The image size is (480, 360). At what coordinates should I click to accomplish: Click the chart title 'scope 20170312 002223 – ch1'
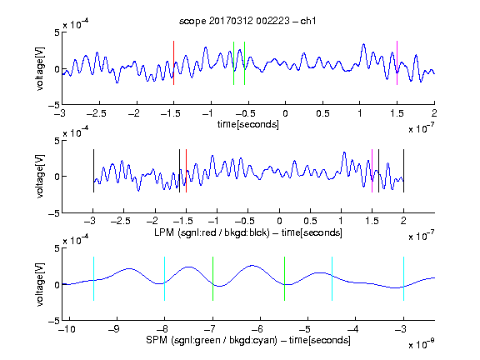click(x=247, y=21)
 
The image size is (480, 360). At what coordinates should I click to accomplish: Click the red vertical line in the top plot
click(x=173, y=62)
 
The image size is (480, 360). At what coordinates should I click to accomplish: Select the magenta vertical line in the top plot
click(x=397, y=62)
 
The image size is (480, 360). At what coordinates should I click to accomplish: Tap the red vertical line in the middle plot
click(x=186, y=171)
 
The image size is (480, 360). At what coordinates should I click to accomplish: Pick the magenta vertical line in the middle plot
click(x=372, y=171)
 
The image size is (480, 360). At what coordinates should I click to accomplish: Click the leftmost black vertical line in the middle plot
click(x=93, y=171)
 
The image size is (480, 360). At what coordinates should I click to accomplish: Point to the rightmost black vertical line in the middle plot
click(x=403, y=171)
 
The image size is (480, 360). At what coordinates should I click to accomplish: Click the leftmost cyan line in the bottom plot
click(x=93, y=278)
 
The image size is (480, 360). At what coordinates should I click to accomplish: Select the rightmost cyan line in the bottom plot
click(x=403, y=278)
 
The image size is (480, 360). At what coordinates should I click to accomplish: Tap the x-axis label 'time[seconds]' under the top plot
click(x=248, y=124)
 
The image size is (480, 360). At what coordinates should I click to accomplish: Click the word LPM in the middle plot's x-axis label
click(x=164, y=232)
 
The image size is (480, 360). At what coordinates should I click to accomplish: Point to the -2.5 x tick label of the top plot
click(x=97, y=113)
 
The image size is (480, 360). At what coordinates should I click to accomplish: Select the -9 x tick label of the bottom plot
click(x=114, y=329)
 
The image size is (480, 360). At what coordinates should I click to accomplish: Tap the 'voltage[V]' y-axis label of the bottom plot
click(x=40, y=284)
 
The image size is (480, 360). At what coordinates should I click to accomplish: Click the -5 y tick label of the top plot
click(x=54, y=105)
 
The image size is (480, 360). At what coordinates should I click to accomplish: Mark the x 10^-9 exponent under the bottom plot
click(x=422, y=343)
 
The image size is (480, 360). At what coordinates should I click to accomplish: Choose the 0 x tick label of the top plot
click(x=285, y=113)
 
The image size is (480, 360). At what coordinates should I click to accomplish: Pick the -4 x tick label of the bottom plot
click(x=353, y=329)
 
